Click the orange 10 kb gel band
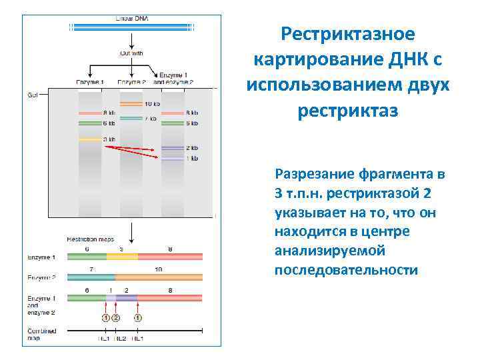click(131, 105)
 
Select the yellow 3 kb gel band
click(89, 139)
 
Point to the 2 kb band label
click(191, 147)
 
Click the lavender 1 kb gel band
click(172, 159)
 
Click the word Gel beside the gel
click(32, 95)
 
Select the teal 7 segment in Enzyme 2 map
click(91, 276)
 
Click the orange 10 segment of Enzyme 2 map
click(159, 276)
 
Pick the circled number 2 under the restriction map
click(115, 318)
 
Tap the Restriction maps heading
click(90, 239)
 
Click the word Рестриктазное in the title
click(347, 33)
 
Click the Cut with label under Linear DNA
click(131, 53)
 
